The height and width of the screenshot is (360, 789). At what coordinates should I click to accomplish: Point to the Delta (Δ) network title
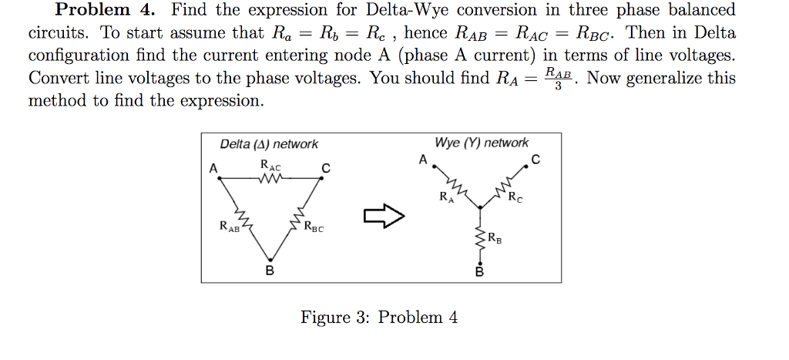tap(268, 144)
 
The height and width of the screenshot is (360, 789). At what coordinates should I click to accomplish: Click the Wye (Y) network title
tap(482, 143)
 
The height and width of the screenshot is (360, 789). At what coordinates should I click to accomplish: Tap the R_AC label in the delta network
tap(270, 165)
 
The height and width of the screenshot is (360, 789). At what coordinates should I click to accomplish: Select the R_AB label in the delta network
tap(229, 227)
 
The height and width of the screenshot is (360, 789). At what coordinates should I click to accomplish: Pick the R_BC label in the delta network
tap(314, 227)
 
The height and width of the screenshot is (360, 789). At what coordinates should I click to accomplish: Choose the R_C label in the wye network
tap(515, 197)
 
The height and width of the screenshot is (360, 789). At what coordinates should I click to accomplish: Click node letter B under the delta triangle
tap(269, 271)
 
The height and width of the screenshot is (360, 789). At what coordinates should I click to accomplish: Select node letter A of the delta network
tap(213, 168)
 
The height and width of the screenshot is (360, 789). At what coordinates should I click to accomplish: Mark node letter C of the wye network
tap(536, 160)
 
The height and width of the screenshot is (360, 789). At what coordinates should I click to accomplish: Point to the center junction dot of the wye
tap(480, 207)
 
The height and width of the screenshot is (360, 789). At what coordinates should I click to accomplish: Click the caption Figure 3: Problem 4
tap(379, 318)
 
